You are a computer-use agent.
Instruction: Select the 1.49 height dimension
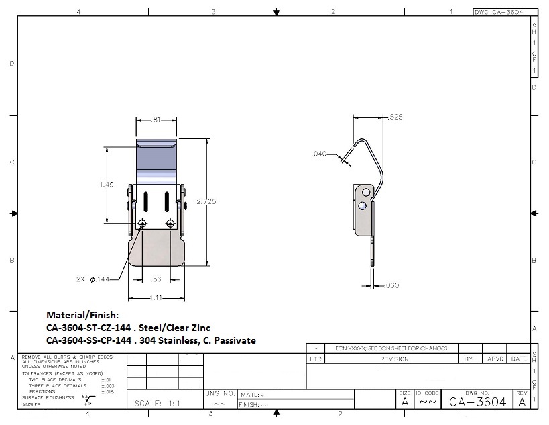(107, 184)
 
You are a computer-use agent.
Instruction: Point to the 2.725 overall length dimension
(207, 201)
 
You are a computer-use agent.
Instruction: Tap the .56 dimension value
(156, 279)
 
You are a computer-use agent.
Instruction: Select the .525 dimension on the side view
(395, 117)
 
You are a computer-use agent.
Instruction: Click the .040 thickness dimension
(319, 154)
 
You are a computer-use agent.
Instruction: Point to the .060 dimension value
(392, 285)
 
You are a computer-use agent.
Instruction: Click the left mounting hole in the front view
(142, 223)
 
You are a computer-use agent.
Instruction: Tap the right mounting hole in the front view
(170, 223)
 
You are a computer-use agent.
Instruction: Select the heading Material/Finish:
(82, 314)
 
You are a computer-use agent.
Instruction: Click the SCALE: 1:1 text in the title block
(158, 403)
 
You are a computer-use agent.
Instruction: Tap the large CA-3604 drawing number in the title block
(477, 402)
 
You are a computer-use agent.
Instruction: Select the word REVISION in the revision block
(394, 359)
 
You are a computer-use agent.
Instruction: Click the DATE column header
(519, 359)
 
